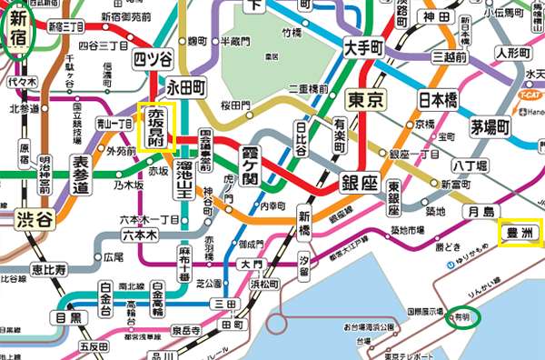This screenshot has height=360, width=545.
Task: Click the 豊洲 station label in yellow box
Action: pos(520,232)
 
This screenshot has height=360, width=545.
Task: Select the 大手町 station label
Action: pos(367,44)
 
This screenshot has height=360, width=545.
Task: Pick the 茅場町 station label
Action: pos(494,125)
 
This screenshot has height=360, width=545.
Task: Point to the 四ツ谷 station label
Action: pos(153,60)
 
